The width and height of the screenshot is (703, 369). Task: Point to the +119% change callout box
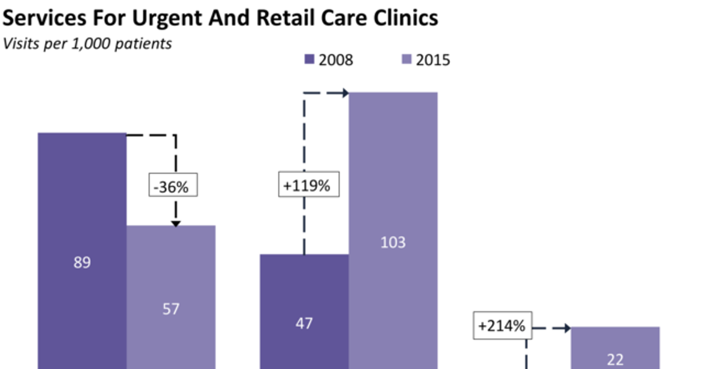tap(306, 186)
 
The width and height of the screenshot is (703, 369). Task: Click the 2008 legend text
tap(336, 60)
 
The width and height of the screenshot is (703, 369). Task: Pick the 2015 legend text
tap(433, 60)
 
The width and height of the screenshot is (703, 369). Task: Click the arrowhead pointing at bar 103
tap(344, 93)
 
